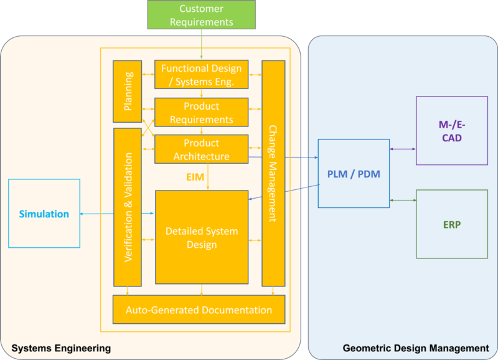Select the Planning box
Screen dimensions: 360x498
127,91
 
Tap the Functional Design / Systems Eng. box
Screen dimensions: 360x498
201,74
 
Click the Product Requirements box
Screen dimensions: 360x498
201,112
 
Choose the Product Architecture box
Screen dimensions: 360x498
201,149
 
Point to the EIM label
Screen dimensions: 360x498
195,177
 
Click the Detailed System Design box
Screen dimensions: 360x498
201,237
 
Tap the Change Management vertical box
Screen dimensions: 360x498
273,173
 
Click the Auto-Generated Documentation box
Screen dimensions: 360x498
199,310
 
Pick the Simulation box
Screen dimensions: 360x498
44,214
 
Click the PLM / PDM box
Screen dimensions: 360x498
353,174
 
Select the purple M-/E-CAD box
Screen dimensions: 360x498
451,130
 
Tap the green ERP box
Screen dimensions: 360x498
451,224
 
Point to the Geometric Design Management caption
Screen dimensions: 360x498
416,348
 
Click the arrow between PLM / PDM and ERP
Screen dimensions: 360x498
402,200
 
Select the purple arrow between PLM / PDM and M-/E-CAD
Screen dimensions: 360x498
402,148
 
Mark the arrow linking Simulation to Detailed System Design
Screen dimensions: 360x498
118,214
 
